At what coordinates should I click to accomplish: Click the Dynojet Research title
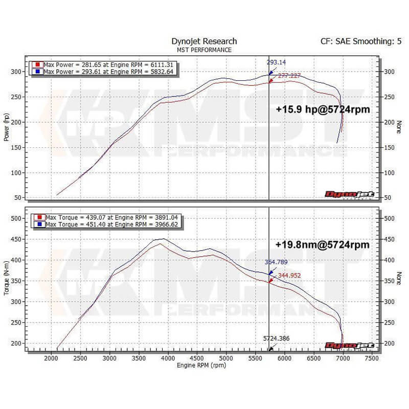tap(204, 41)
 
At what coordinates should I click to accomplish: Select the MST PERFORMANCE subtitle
tap(204, 50)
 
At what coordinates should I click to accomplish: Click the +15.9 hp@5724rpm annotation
tap(323, 109)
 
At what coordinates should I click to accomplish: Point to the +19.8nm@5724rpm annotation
tap(322, 244)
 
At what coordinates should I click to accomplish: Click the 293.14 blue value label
tap(276, 62)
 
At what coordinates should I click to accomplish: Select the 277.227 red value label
tap(289, 76)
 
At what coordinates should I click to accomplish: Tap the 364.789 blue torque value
tap(276, 262)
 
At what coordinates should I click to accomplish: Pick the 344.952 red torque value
tap(290, 275)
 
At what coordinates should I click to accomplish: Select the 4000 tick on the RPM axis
tap(168, 359)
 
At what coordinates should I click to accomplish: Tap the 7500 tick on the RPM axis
tap(372, 359)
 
